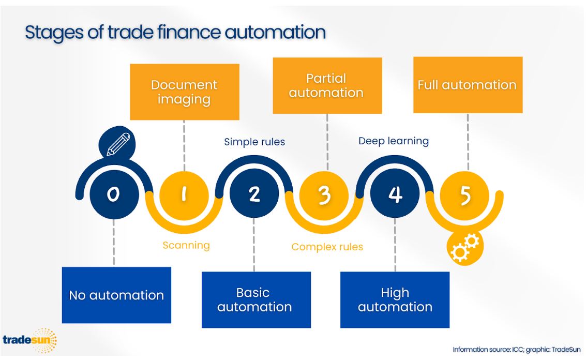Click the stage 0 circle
coord(114,194)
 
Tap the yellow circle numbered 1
coord(184,195)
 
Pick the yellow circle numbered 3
coord(324,195)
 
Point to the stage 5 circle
coord(464,195)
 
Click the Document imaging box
coord(185,92)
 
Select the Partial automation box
coord(327,85)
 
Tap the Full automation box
coord(468,85)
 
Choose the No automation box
coord(116,295)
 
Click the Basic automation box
coord(257,299)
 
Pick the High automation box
coord(395,299)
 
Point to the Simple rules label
coord(254,142)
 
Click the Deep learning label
coord(394,141)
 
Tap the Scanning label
coord(186,246)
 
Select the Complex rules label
coord(327,247)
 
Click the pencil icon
coord(117,143)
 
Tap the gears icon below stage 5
coord(465,247)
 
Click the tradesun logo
coord(30,340)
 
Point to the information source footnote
coord(517,350)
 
